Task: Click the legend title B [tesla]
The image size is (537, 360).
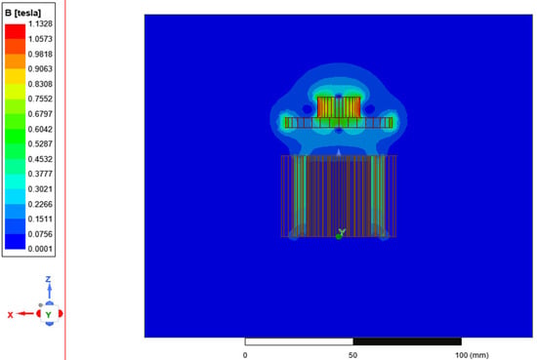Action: (x=23, y=14)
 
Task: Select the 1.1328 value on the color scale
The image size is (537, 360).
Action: (x=40, y=23)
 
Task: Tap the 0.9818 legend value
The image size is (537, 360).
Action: (x=40, y=54)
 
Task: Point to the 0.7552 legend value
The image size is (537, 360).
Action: (x=40, y=99)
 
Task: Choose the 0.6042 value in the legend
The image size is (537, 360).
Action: (x=40, y=129)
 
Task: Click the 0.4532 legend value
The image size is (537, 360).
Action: (x=40, y=159)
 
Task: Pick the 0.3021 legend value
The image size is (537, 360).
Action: (x=40, y=189)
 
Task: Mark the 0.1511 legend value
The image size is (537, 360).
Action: (x=40, y=219)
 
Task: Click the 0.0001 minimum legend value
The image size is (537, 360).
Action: (x=40, y=249)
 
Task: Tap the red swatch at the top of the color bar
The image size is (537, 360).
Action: (x=15, y=31)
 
